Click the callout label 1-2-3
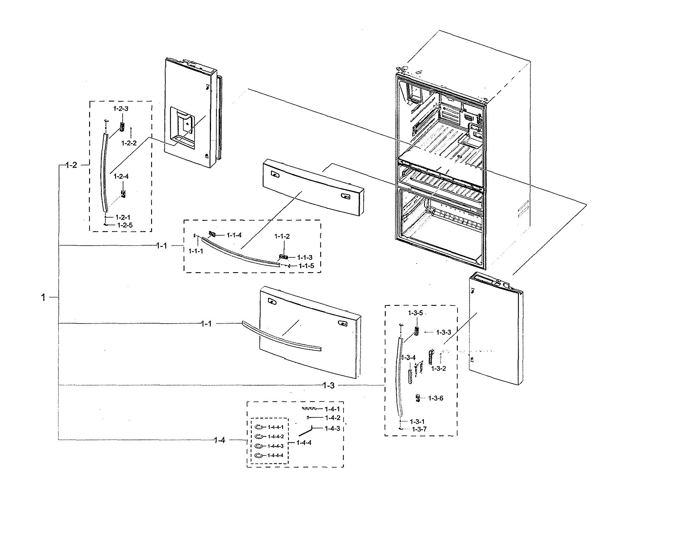(x=121, y=109)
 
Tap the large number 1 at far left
(x=43, y=297)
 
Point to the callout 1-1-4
(x=234, y=235)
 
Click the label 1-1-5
(x=306, y=266)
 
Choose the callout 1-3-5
(x=415, y=313)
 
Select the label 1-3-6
(x=436, y=398)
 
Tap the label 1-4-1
(x=332, y=409)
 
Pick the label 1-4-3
(x=332, y=428)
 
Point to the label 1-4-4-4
(x=275, y=455)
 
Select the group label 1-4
(x=219, y=440)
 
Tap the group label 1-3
(x=328, y=386)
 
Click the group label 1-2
(x=71, y=165)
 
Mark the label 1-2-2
(x=129, y=143)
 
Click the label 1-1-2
(x=282, y=236)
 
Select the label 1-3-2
(x=439, y=369)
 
